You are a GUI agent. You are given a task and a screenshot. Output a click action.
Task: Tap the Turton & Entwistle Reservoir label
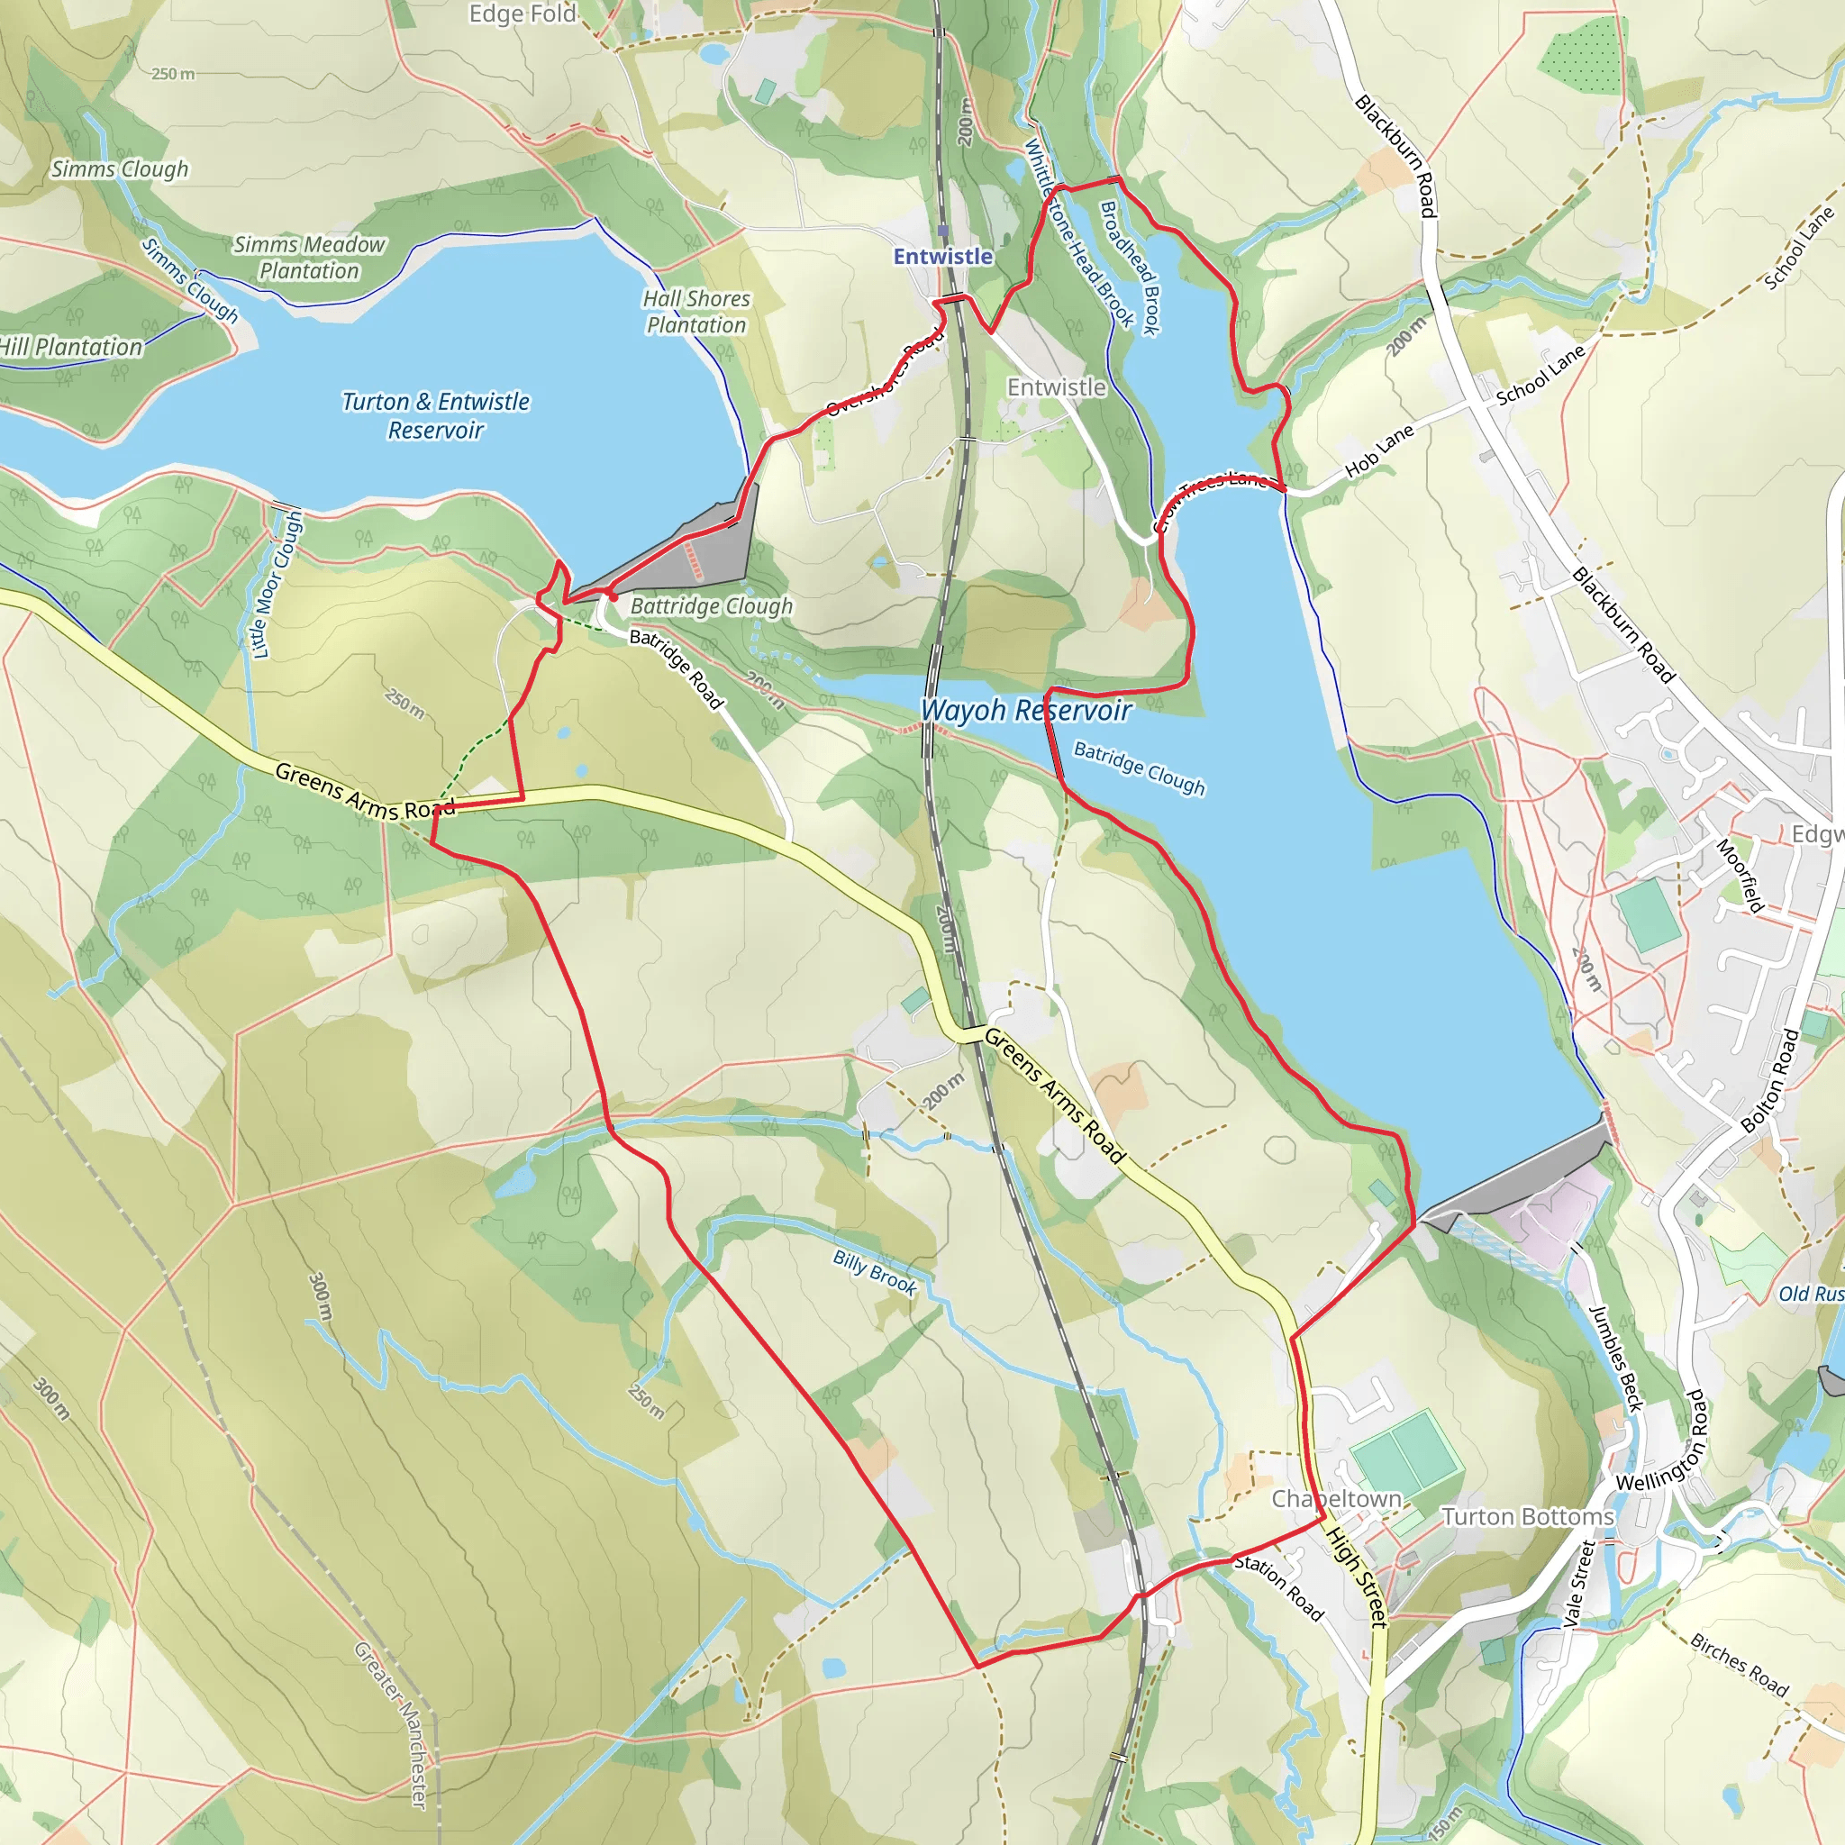coord(435,415)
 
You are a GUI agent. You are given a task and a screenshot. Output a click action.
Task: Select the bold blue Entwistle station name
coord(942,256)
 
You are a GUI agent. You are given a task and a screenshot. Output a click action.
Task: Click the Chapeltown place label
coord(1336,1499)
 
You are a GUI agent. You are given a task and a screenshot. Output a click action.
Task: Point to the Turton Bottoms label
coord(1527,1516)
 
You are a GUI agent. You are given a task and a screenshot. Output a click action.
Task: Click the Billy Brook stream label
coord(875,1273)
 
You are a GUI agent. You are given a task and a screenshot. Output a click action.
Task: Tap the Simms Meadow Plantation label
coord(309,258)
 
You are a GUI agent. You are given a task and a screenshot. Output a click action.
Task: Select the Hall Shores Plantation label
coord(696,312)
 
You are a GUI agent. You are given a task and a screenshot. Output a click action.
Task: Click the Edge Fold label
coord(523,14)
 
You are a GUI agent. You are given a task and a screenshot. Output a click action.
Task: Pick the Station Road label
coord(1278,1588)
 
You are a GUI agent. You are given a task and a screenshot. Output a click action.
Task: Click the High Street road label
coord(1356,1577)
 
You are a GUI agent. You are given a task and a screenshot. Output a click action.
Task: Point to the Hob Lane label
coord(1379,451)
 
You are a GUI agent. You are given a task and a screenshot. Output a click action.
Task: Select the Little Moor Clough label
coord(277,585)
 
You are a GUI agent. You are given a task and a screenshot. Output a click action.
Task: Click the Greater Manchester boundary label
coord(392,1724)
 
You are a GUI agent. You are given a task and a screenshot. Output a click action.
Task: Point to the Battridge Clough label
coord(712,606)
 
